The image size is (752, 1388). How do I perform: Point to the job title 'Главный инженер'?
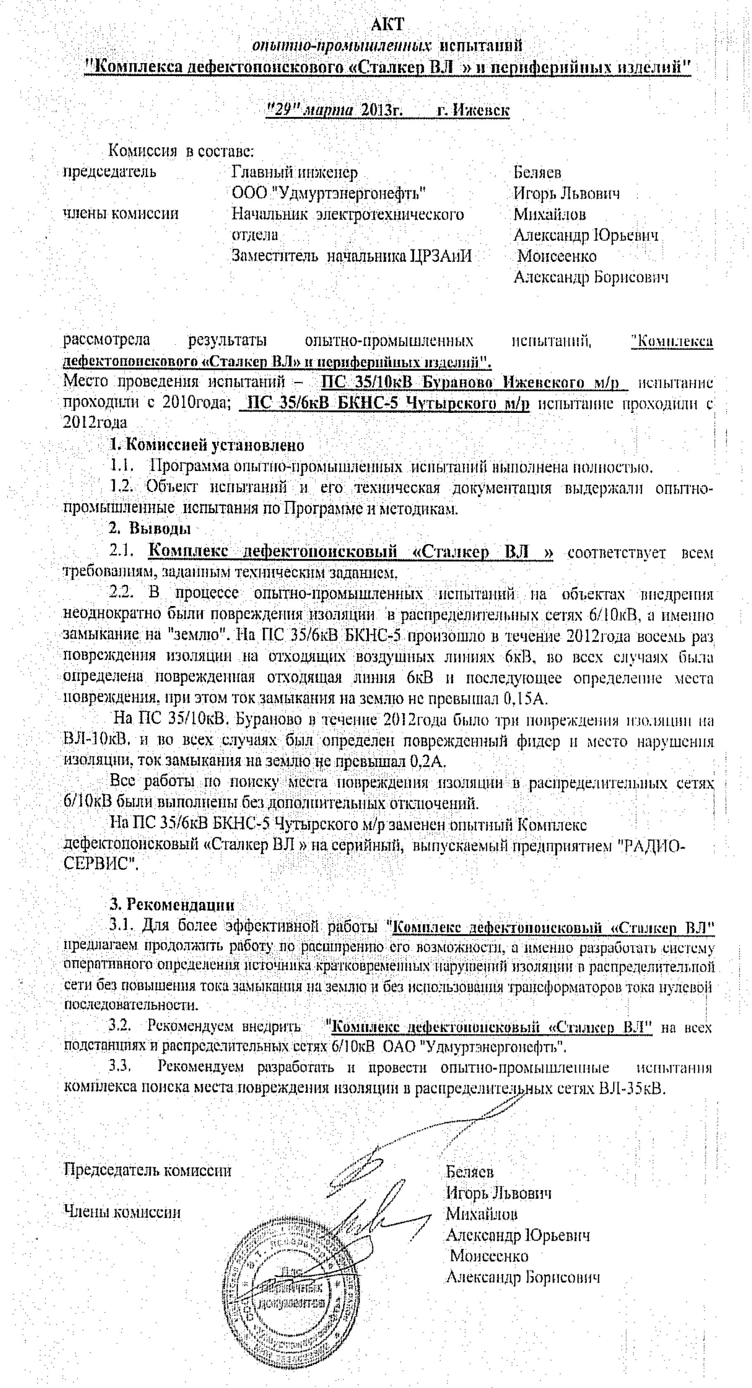(294, 173)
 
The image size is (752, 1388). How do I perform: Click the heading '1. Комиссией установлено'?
(207, 445)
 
